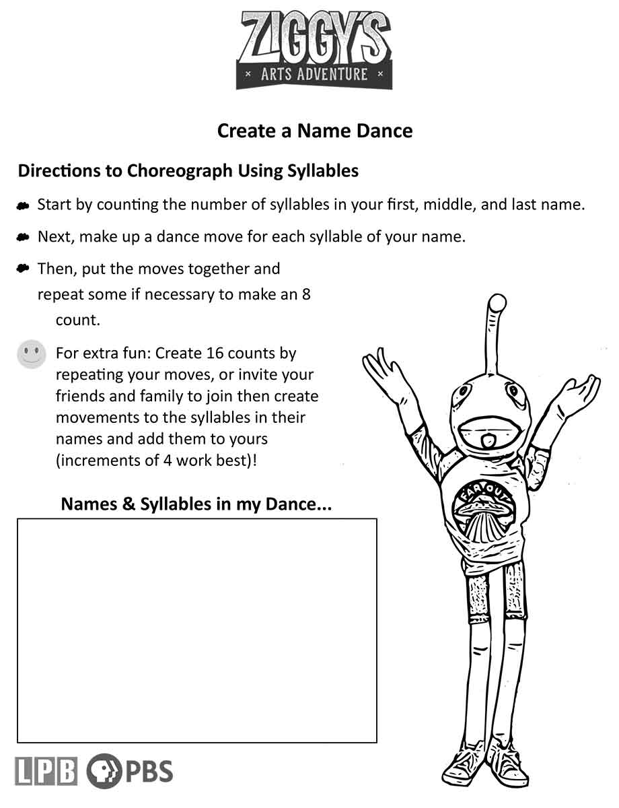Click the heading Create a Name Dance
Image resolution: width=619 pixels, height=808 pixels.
[x=314, y=130]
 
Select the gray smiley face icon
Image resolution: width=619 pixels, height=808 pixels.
[x=31, y=354]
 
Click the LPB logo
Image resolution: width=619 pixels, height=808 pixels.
[x=46, y=771]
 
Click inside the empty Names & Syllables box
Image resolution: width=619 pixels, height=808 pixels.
[x=196, y=630]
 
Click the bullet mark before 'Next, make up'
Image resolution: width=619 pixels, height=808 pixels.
[x=24, y=237]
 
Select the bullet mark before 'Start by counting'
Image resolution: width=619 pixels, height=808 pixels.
[x=24, y=205]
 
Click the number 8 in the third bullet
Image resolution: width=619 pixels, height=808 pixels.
[x=306, y=294]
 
